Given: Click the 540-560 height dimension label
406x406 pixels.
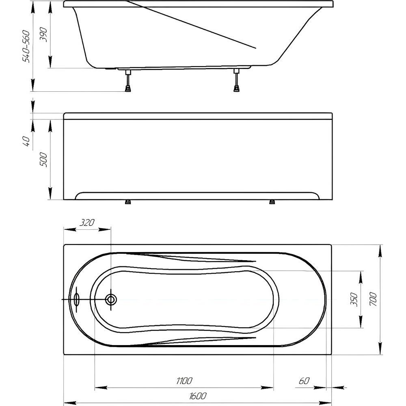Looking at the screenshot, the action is [x=26, y=47].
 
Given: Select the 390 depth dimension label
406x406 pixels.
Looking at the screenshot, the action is [x=43, y=35].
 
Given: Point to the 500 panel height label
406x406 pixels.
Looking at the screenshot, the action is [x=43, y=160].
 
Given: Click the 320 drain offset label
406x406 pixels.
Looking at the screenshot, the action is [x=87, y=222].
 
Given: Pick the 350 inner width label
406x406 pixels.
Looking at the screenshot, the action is [x=354, y=300].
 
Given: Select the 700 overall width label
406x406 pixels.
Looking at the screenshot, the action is [x=373, y=299].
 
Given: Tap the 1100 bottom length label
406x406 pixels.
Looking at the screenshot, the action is [x=184, y=381].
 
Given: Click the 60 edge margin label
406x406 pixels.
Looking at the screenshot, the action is [x=304, y=381].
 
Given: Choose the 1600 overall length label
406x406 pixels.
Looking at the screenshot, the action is [x=198, y=396].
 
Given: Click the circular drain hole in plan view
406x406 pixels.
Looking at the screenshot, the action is [x=111, y=300].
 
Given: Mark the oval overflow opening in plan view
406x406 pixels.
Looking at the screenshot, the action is [x=77, y=300].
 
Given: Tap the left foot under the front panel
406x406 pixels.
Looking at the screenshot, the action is [x=127, y=202].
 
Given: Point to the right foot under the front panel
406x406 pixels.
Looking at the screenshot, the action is [x=272, y=202].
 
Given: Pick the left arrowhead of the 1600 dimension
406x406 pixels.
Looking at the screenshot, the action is [x=70, y=404].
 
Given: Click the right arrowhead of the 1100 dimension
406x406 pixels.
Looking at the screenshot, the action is [x=267, y=388].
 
